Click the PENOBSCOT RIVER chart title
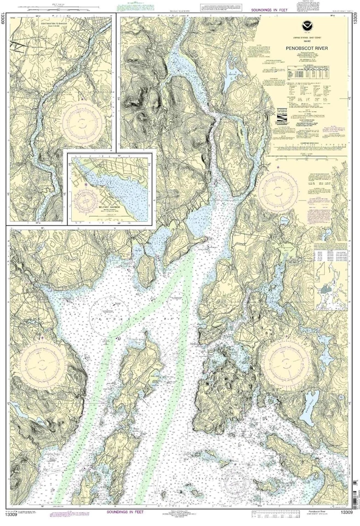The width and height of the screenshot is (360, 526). [307, 48]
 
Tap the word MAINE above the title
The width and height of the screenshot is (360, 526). [307, 42]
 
